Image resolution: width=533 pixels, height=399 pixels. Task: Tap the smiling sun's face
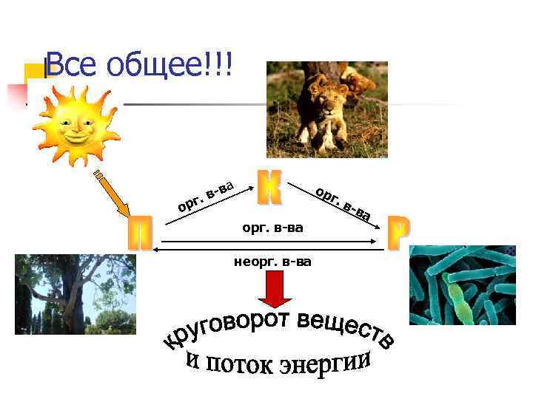coord(76,123)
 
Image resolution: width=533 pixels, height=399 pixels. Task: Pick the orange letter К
coord(269,188)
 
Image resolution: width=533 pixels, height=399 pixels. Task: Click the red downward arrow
coord(273,288)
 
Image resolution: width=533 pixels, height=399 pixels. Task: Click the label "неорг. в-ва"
coord(272,261)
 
